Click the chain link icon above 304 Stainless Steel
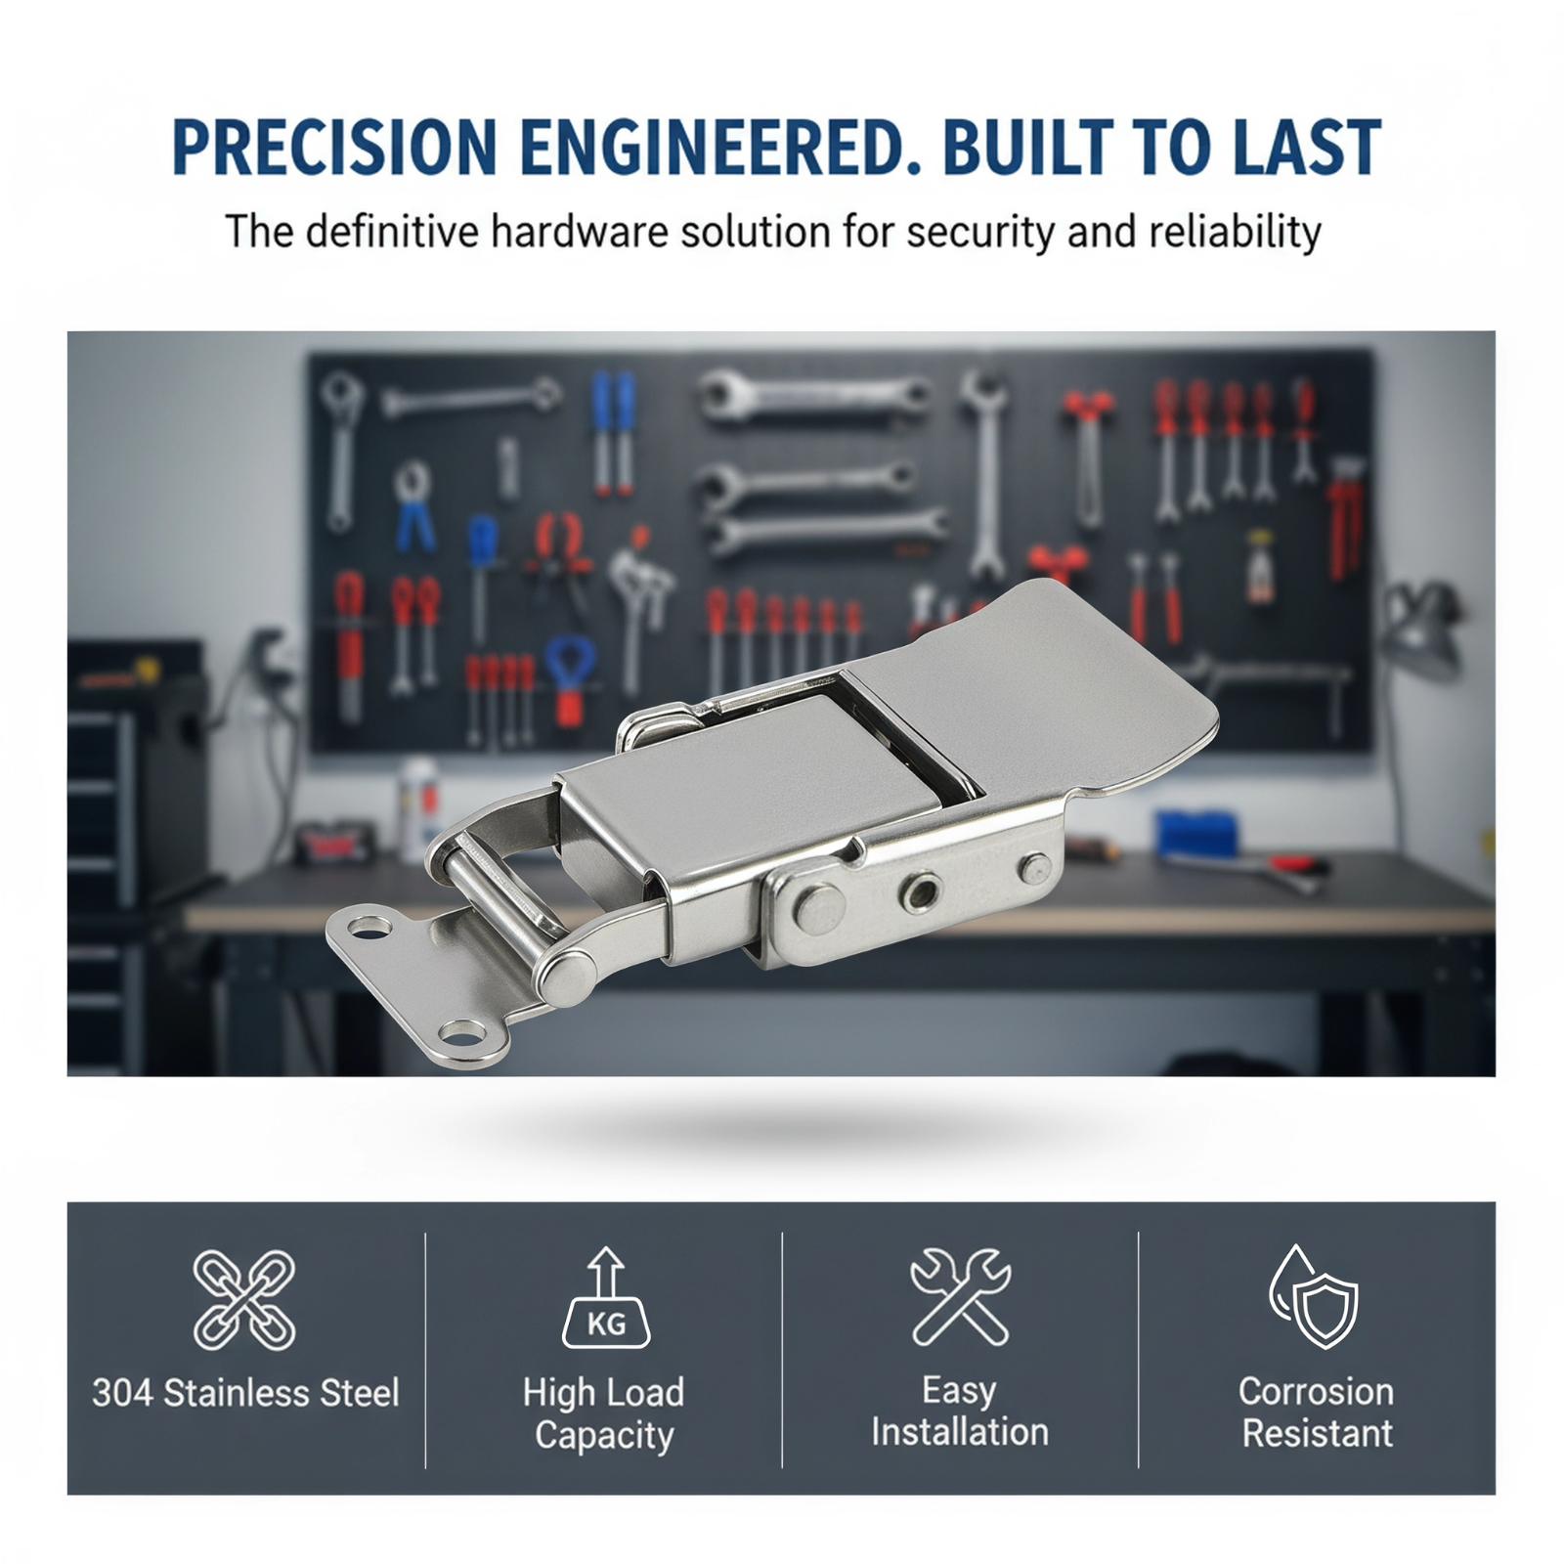(x=244, y=1299)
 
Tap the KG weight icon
(x=606, y=1297)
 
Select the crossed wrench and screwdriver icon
(x=960, y=1297)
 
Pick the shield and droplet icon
(x=1315, y=1296)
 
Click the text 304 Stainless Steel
(x=245, y=1393)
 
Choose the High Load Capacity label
(x=604, y=1413)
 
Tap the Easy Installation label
(x=960, y=1411)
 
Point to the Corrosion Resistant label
(x=1317, y=1412)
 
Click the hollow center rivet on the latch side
(x=920, y=891)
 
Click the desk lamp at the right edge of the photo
(x=1423, y=626)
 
